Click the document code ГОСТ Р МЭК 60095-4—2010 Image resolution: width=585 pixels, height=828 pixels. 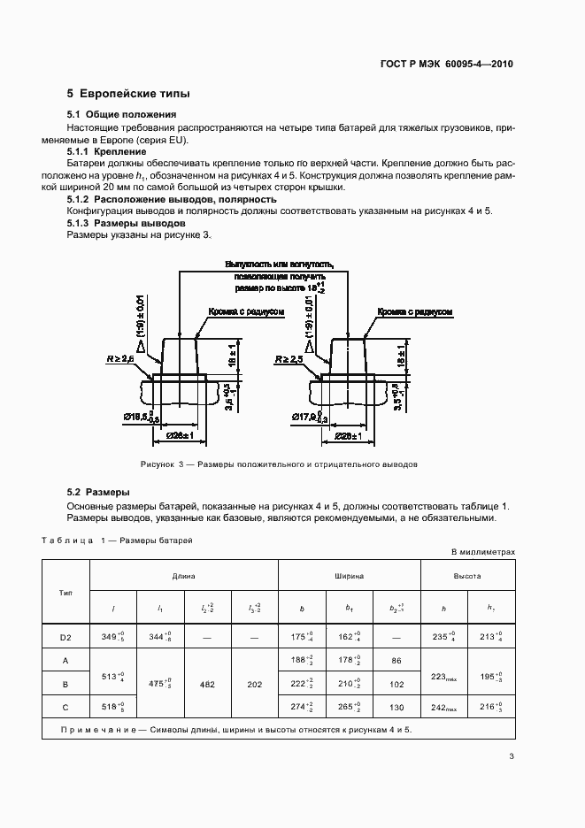click(x=446, y=64)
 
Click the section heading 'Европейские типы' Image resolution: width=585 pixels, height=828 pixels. click(x=135, y=94)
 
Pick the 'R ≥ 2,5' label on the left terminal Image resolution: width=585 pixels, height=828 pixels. click(x=119, y=359)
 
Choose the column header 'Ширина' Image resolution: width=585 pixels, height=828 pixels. click(x=349, y=575)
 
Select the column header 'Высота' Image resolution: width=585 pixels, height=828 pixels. click(x=468, y=575)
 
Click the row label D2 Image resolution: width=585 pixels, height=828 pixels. click(x=65, y=636)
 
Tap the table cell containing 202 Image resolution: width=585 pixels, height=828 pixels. click(x=256, y=684)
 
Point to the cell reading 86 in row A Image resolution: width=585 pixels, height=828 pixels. click(x=397, y=660)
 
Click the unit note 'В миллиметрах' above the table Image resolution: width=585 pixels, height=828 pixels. click(x=482, y=551)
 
